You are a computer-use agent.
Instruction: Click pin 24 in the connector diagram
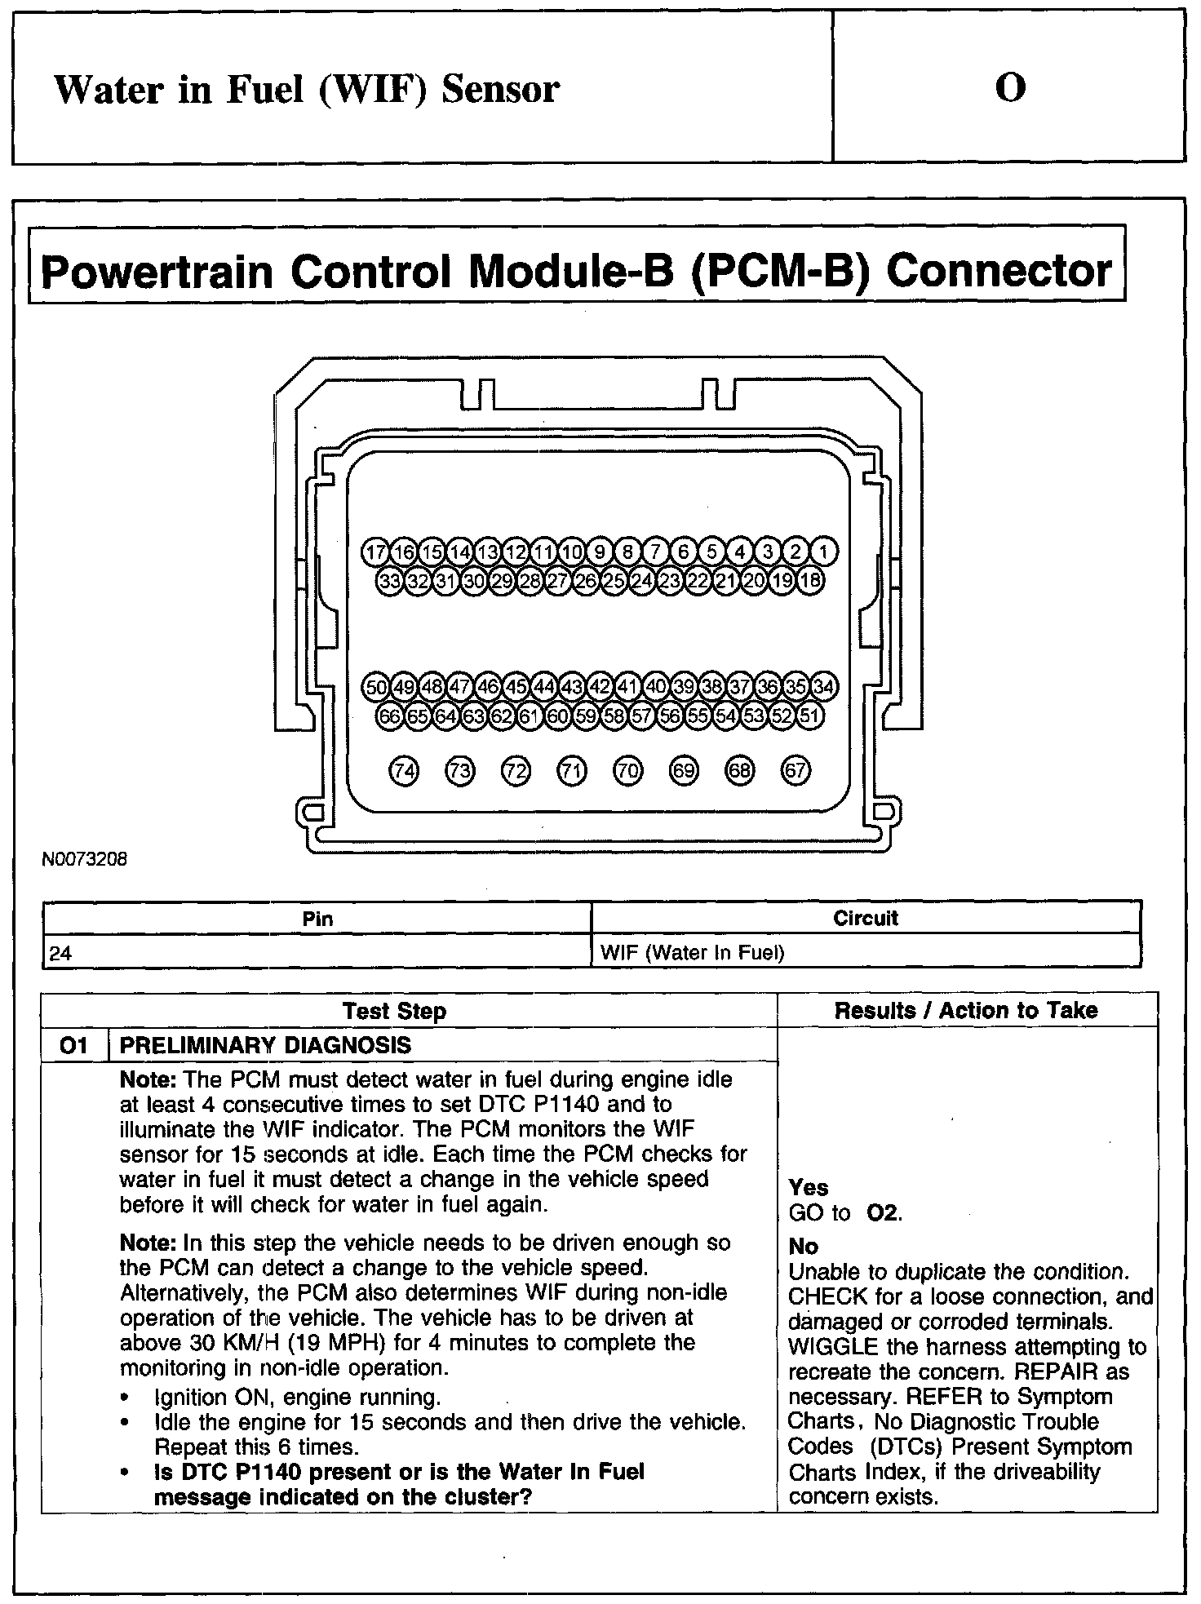[642, 581]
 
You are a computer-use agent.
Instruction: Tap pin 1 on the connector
[823, 552]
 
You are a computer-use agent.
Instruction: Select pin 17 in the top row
[375, 552]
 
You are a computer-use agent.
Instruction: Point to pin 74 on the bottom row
[404, 770]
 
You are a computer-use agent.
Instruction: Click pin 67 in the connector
[795, 770]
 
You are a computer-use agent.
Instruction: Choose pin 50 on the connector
[375, 686]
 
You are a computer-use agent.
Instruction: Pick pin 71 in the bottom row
[571, 770]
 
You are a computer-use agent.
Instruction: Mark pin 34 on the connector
[823, 686]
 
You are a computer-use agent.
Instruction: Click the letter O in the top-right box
[1010, 87]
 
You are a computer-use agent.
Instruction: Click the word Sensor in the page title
[500, 89]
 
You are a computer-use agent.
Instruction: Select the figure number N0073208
[85, 859]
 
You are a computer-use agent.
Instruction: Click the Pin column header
[317, 919]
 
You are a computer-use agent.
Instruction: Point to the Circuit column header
[865, 919]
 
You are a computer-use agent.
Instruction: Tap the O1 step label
[73, 1045]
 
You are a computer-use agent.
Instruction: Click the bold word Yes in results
[809, 1188]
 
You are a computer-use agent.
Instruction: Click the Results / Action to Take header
[966, 1011]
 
